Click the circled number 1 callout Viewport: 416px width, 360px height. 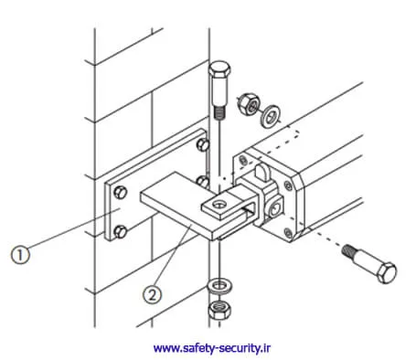coord(21,255)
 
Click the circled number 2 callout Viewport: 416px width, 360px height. coord(153,294)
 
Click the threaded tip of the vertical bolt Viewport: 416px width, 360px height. coord(219,112)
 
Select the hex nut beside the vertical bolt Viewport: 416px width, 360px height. coord(249,104)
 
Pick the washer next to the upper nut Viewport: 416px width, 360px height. coord(270,116)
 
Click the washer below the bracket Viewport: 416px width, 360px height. coord(219,286)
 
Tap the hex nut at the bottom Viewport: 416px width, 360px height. coord(219,310)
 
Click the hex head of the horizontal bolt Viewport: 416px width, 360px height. coord(387,272)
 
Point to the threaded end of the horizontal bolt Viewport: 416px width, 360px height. coord(349,251)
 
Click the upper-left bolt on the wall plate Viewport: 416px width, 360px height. coord(120,192)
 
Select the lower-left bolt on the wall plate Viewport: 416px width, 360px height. coord(120,232)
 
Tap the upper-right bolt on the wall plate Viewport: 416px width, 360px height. coord(203,144)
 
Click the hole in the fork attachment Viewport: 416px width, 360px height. coord(219,204)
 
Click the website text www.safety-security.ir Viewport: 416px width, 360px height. coord(212,347)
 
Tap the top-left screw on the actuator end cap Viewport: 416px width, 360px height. coord(243,160)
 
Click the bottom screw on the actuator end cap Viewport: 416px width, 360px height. coord(288,233)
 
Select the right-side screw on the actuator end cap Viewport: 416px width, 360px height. coord(288,185)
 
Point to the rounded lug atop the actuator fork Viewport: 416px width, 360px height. coord(262,173)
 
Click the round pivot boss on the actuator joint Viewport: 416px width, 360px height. coord(275,208)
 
